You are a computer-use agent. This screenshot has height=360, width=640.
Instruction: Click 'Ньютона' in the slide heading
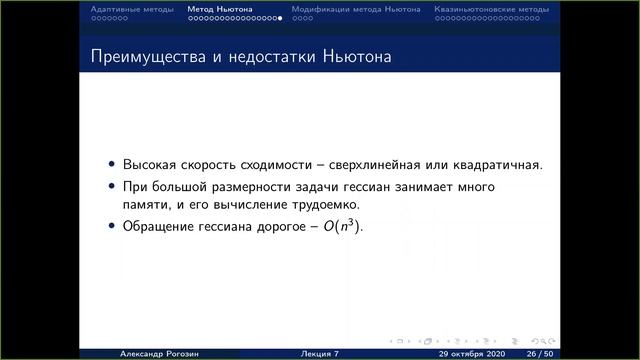(358, 57)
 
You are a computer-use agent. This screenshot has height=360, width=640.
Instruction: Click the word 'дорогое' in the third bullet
(282, 227)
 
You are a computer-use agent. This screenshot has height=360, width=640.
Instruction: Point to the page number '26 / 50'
(541, 353)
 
